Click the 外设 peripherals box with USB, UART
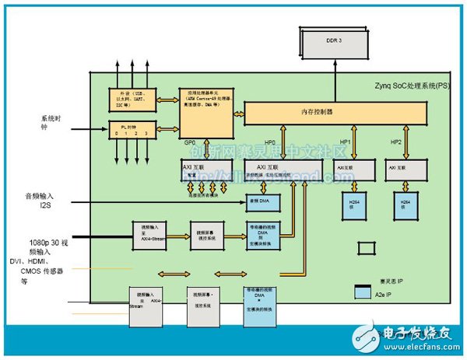tap(129, 99)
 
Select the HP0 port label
tap(269, 143)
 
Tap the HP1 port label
tap(347, 143)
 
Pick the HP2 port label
tap(396, 143)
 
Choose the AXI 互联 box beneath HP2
tap(405, 169)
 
